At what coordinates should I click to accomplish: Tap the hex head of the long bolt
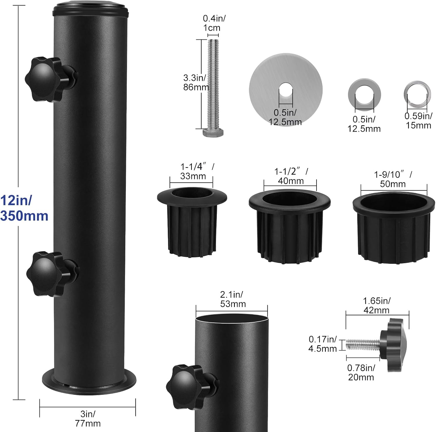coord(213,133)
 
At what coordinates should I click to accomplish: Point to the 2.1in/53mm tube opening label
coord(233,299)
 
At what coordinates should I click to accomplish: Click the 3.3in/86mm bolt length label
coord(196,82)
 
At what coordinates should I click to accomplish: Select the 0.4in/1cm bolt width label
coord(214,23)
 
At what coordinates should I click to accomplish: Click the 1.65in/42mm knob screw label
coord(377,305)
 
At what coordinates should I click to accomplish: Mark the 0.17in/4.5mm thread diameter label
coord(322,344)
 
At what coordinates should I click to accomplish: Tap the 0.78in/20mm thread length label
coord(361,372)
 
